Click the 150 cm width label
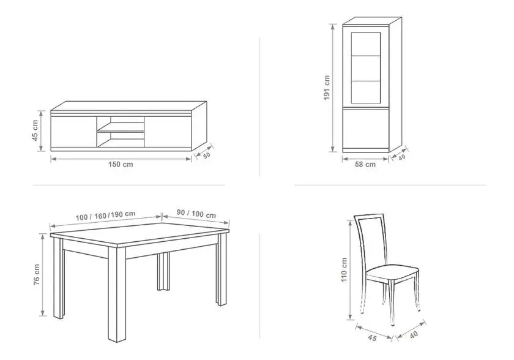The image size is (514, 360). (121, 164)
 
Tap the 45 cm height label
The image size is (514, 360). (35, 130)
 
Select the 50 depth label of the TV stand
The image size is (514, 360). (207, 156)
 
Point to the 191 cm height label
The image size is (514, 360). (327, 88)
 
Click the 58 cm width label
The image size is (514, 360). (365, 164)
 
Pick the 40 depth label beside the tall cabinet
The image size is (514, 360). (402, 157)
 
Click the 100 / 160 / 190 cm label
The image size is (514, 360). (105, 216)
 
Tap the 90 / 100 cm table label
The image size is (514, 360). (196, 214)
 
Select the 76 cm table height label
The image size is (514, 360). (37, 275)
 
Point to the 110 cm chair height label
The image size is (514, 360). (344, 270)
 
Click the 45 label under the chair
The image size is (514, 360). (373, 338)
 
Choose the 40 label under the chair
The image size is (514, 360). (414, 335)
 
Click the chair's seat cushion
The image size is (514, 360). (392, 273)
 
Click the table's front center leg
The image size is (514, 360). (117, 294)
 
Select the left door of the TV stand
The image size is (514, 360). (74, 132)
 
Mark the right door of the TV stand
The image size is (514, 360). (168, 132)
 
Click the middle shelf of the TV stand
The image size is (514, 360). (121, 132)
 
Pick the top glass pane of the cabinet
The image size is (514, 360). (366, 44)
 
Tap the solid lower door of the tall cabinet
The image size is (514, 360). (366, 129)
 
